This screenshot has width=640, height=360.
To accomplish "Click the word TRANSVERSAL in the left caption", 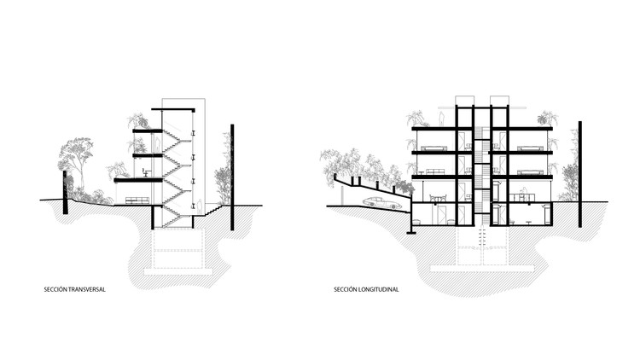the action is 86,289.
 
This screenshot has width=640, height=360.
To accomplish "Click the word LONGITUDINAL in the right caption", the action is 379,289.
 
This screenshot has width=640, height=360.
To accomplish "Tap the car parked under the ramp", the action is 381,202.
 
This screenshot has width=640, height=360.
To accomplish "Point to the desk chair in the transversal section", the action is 145,172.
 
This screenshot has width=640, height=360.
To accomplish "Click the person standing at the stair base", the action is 199,207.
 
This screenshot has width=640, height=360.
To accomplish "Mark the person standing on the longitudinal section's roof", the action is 441,119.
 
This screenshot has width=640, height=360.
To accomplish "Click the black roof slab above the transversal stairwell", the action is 173,110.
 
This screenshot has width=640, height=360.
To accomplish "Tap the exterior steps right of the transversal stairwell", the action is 212,210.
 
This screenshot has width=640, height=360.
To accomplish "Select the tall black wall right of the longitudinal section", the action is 579,174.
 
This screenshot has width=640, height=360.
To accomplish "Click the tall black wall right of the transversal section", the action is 232,177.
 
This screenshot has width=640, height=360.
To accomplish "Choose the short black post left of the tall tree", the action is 65,192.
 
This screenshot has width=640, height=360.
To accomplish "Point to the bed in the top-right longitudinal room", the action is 530,148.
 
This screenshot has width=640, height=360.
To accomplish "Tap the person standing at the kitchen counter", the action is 525,194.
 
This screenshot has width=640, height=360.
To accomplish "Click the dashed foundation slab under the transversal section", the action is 178,271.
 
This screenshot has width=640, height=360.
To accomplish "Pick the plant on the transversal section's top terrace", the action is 138,121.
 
